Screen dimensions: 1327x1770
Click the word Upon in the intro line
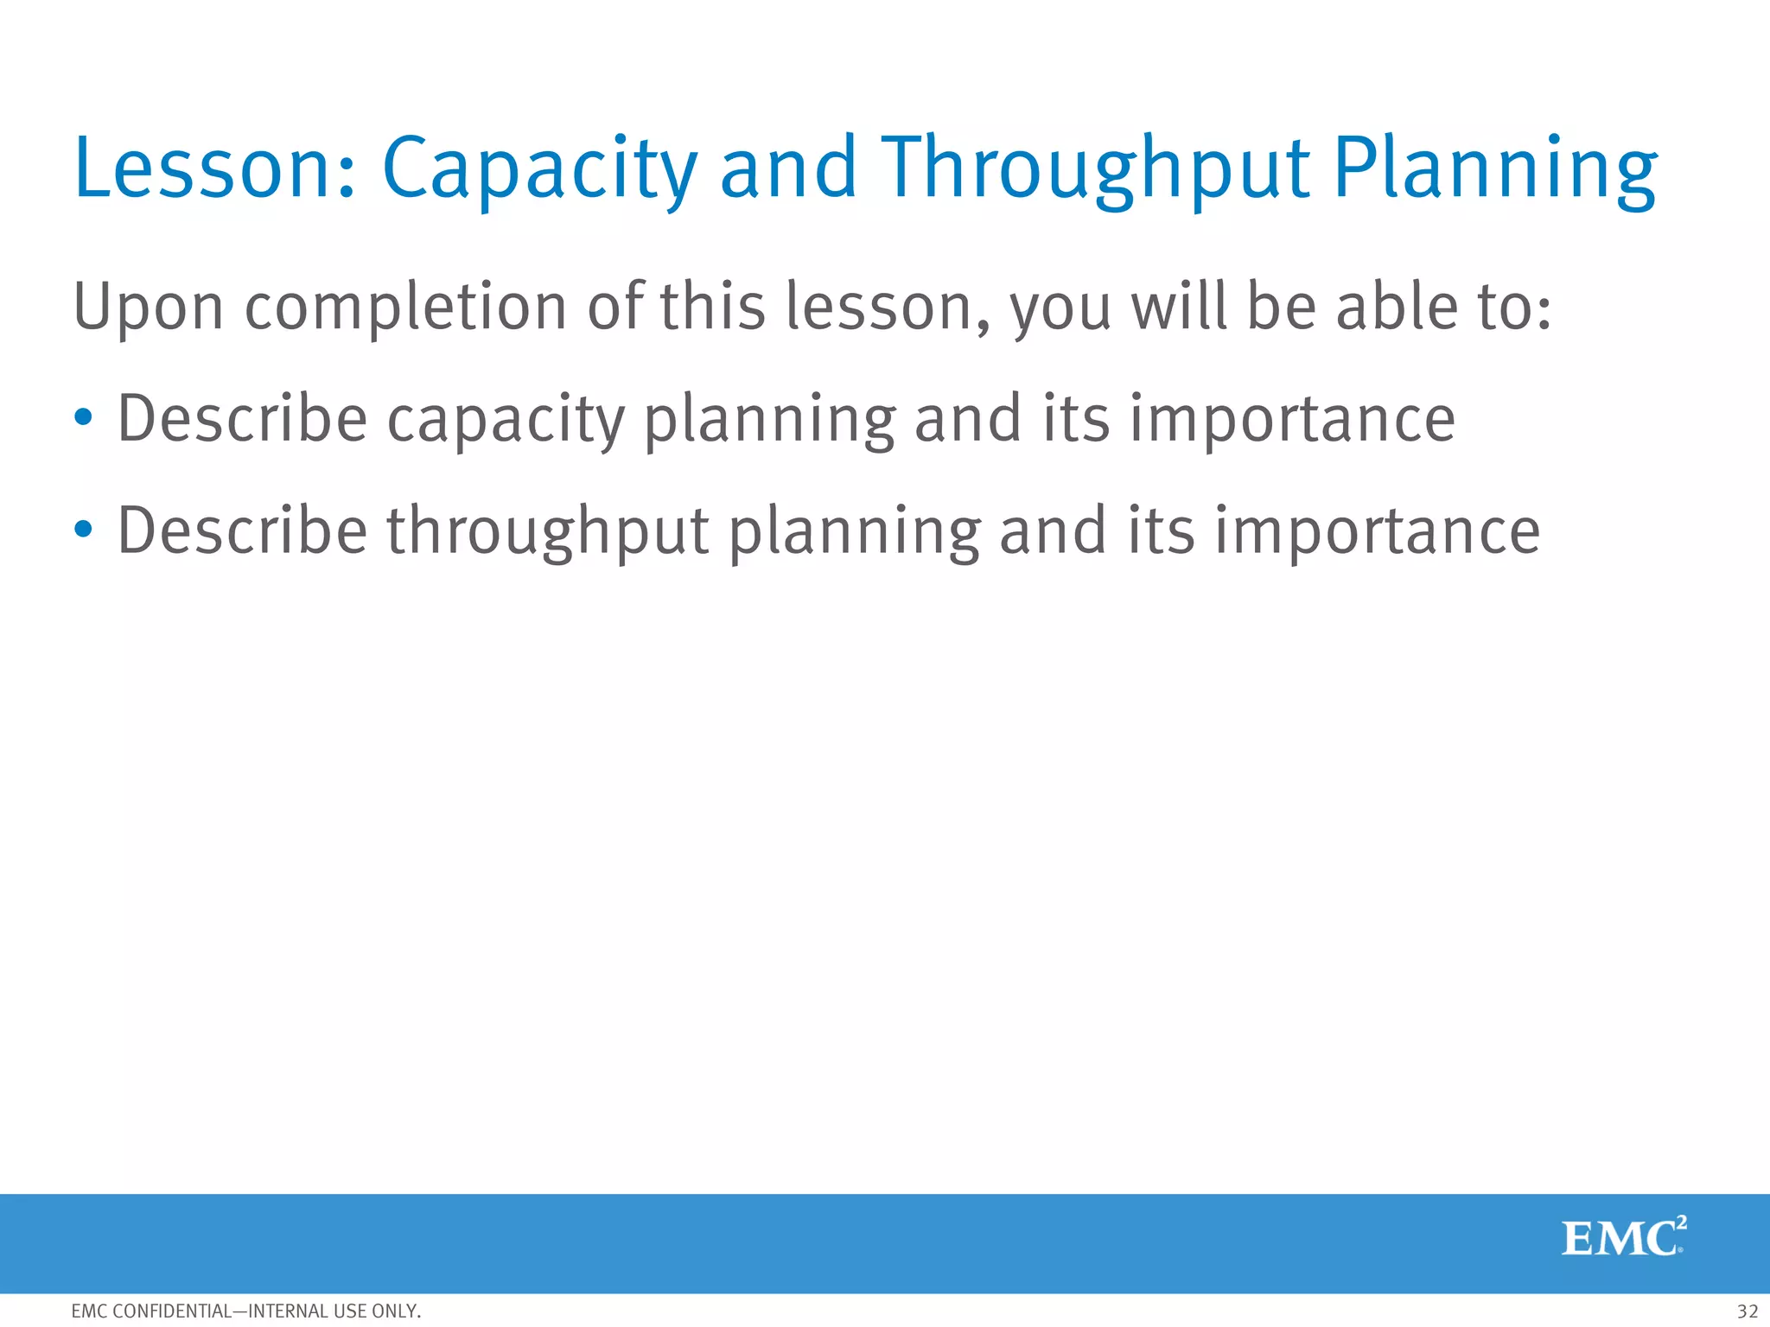(148, 308)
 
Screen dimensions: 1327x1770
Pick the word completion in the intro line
(405, 308)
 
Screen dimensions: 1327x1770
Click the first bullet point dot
(83, 418)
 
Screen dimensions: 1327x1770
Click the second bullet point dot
(83, 530)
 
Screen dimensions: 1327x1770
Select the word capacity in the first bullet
(506, 420)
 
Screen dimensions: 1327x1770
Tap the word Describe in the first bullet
(242, 418)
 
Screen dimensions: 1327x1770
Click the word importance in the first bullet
(1292, 420)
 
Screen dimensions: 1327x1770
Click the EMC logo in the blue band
(1623, 1237)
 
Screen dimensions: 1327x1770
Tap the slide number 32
(1747, 1311)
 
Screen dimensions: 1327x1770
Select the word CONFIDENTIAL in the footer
(173, 1311)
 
